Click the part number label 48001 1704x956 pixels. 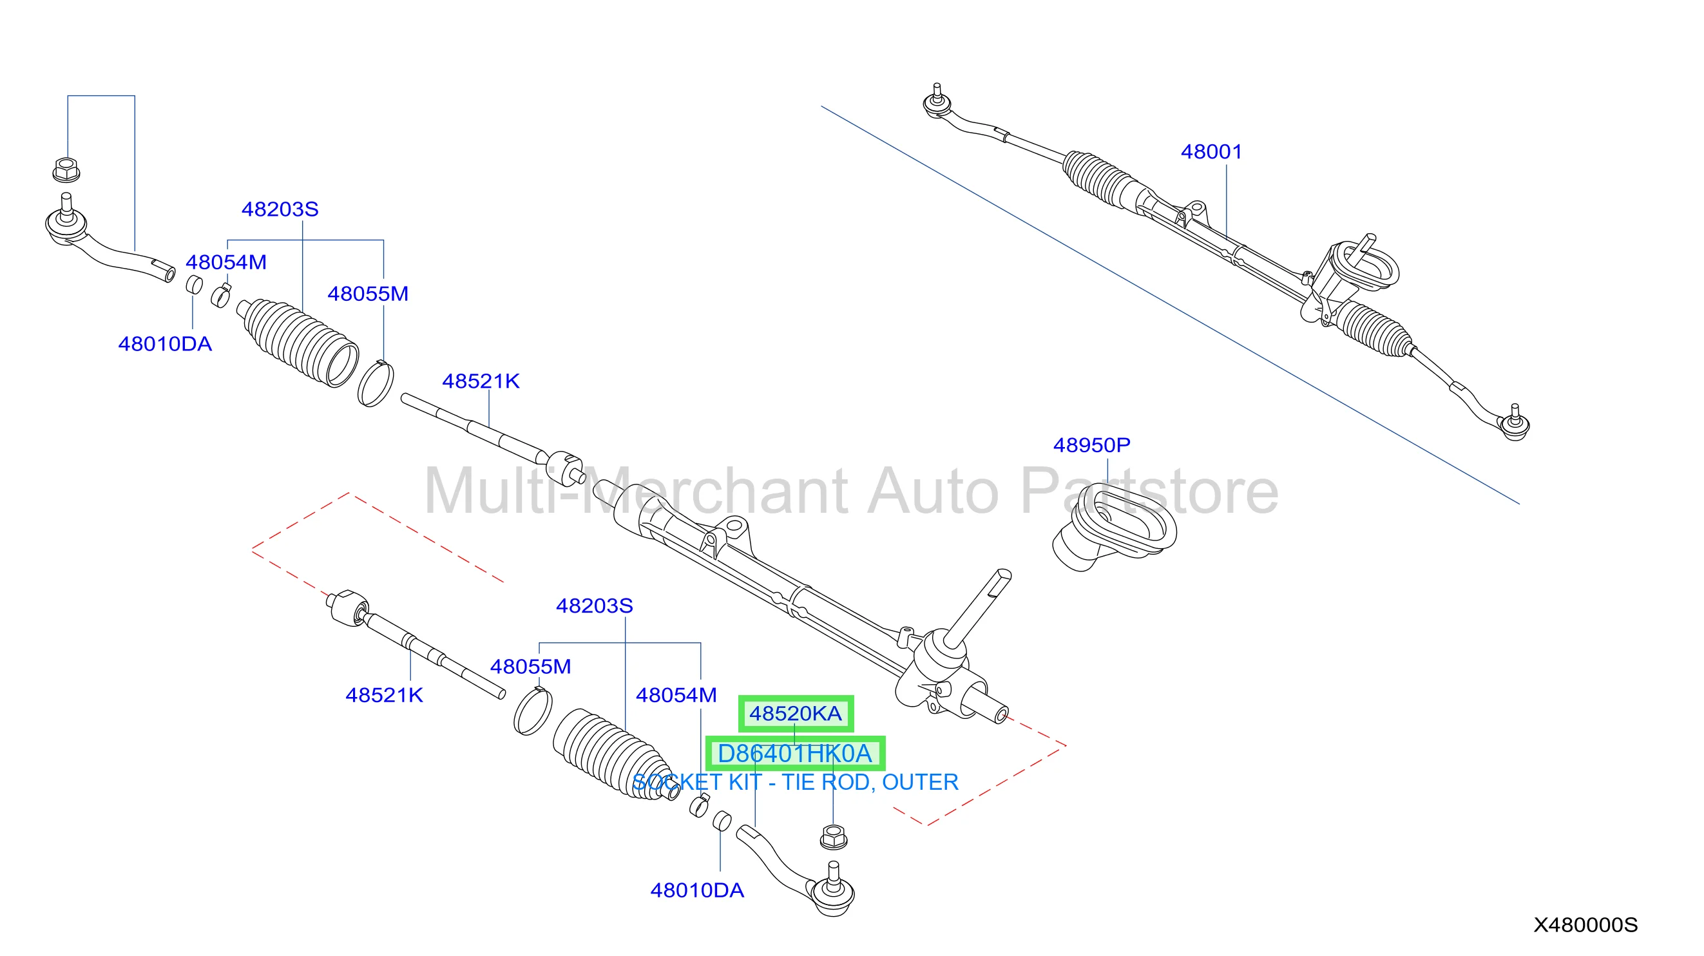[1211, 151]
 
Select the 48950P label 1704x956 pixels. [1091, 445]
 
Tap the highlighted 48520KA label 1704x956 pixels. [795, 713]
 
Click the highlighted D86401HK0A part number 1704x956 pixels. [794, 753]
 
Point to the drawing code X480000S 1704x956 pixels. [1585, 924]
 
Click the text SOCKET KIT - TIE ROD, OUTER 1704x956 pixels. [795, 782]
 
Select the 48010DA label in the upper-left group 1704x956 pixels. [165, 344]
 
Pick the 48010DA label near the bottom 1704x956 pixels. [697, 890]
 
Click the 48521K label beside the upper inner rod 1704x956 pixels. [481, 381]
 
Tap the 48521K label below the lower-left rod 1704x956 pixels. [385, 694]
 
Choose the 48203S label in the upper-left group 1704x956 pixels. [280, 209]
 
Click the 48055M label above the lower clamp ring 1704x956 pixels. [530, 666]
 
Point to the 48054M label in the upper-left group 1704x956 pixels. [226, 262]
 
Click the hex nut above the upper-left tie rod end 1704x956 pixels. [66, 169]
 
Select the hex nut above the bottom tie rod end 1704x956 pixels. [834, 837]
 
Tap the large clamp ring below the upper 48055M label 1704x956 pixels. [375, 384]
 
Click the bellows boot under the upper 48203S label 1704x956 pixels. [298, 342]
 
